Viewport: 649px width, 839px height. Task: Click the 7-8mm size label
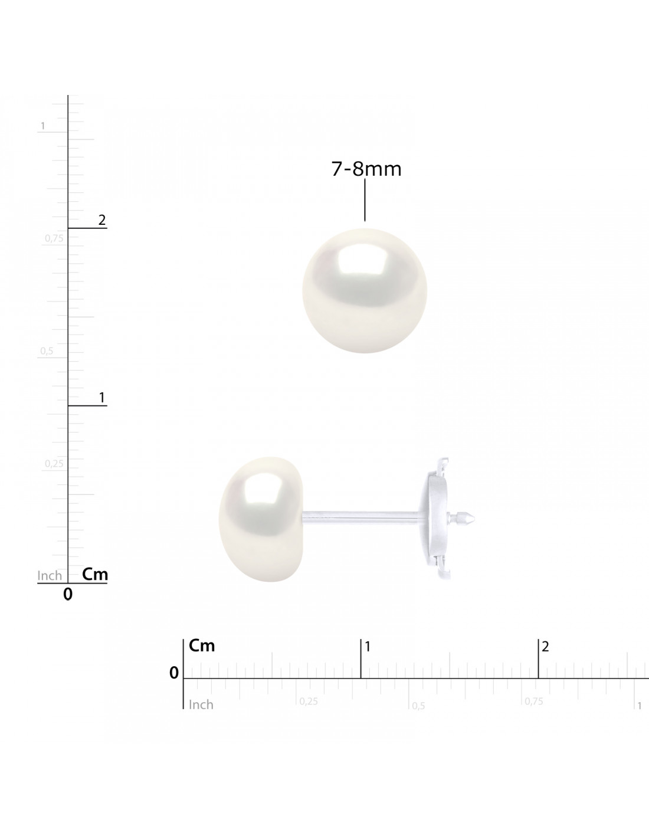tap(366, 169)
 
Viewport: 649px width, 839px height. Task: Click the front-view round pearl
tap(365, 291)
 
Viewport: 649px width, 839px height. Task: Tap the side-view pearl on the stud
tap(261, 519)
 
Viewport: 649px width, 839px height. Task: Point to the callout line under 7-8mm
tap(365, 199)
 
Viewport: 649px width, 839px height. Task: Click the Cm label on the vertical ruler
tap(95, 574)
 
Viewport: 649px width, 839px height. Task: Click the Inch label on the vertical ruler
tap(50, 576)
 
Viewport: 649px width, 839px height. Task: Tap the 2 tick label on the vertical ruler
tap(102, 220)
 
